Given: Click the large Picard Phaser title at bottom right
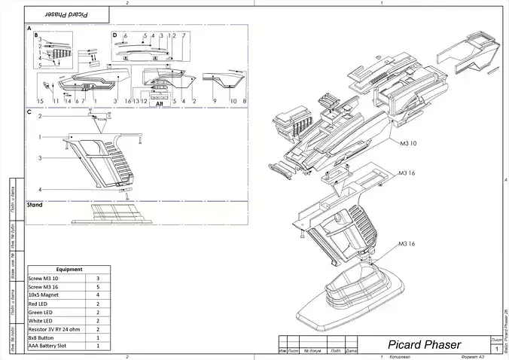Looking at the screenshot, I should pyautogui.click(x=414, y=344).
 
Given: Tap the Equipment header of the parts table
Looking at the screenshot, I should pyautogui.click(x=69, y=269).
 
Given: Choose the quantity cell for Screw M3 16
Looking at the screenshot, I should pyautogui.click(x=98, y=287).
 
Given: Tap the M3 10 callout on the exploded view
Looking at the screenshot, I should pyautogui.click(x=407, y=142).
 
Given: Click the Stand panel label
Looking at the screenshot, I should pyautogui.click(x=35, y=204).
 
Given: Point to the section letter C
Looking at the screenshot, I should pyautogui.click(x=29, y=112).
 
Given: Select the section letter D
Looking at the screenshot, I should pyautogui.click(x=114, y=35).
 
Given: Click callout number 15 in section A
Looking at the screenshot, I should pyautogui.click(x=41, y=100).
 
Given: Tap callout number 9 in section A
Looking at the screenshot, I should pyautogui.click(x=215, y=100).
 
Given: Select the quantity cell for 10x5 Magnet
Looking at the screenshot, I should pyautogui.click(x=98, y=295).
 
